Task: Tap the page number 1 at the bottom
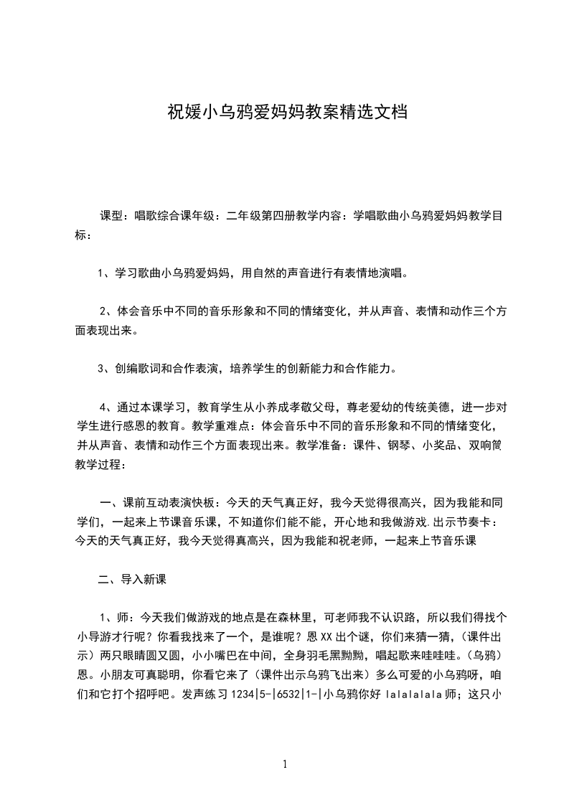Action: [285, 763]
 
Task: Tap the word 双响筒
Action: [488, 444]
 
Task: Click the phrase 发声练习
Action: [203, 695]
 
